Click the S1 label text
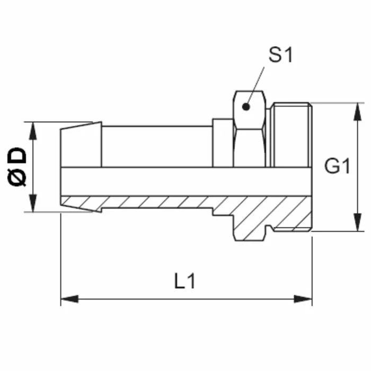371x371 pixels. click(280, 55)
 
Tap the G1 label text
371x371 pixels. click(337, 166)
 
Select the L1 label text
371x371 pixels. click(184, 281)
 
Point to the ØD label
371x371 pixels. click(17, 166)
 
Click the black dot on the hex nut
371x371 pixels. click(246, 107)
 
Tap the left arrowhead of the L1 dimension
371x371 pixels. click(69, 299)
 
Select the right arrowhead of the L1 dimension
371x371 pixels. click(303, 299)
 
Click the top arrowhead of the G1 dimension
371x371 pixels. click(358, 112)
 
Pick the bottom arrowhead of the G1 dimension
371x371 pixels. click(358, 222)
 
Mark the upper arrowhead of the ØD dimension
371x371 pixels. click(33, 131)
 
